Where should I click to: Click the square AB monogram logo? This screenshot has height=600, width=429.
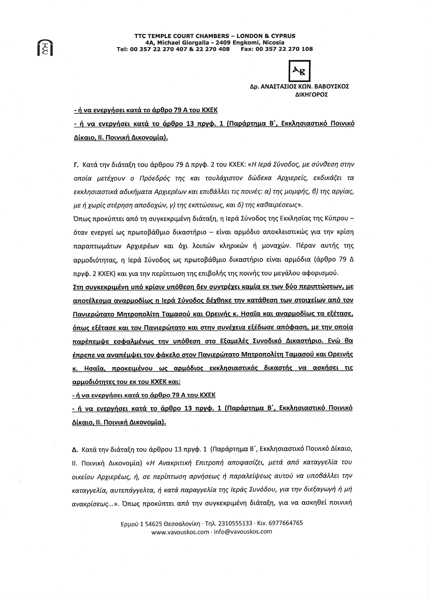(300, 71)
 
